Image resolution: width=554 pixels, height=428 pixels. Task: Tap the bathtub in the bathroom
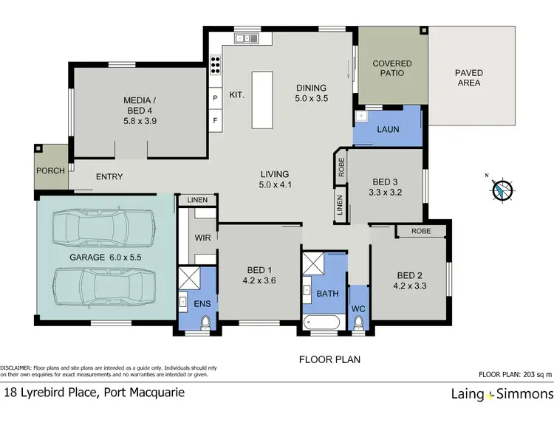[322, 322]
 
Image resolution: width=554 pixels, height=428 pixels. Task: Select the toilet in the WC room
[358, 322]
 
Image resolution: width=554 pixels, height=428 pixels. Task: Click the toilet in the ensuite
[205, 322]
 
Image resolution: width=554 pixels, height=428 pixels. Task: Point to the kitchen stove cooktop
[216, 65]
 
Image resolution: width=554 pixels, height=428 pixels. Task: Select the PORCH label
[51, 170]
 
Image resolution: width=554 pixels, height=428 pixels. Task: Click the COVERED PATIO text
[391, 69]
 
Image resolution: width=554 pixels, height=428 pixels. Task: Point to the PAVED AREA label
[469, 78]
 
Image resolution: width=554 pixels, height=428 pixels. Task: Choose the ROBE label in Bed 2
[420, 231]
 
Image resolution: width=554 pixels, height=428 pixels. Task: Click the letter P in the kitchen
[215, 98]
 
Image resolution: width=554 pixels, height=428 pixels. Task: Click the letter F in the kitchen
[215, 120]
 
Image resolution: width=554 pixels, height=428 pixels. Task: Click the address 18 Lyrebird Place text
[94, 392]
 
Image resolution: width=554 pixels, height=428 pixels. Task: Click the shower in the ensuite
[188, 278]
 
